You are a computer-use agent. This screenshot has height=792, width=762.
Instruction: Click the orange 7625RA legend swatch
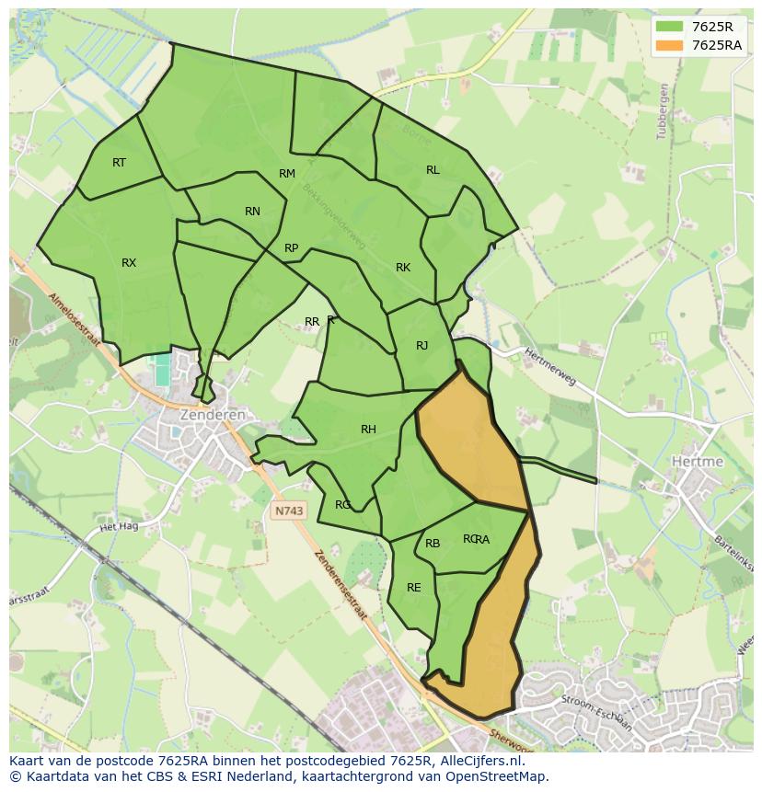point(670,45)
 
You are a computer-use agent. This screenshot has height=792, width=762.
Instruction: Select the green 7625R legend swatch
point(670,27)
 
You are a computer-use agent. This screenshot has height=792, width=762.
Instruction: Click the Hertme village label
point(697,461)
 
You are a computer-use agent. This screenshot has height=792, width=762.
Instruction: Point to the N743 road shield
point(288,509)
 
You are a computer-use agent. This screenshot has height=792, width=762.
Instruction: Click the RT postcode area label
point(119,163)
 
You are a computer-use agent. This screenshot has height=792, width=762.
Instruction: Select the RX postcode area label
point(129,263)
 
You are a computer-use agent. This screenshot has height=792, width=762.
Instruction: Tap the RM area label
point(287,174)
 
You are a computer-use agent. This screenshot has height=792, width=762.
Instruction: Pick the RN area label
point(252,212)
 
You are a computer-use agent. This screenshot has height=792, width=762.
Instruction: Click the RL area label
point(433,170)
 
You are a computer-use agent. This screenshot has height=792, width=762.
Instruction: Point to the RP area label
point(291,248)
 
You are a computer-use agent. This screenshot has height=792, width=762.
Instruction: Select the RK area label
point(402,268)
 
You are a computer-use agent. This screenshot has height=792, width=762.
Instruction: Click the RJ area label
point(421,346)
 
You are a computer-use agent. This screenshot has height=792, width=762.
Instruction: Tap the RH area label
point(368,430)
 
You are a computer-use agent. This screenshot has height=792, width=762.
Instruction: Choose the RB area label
point(433,544)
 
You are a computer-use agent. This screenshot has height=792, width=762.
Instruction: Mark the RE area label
point(413,588)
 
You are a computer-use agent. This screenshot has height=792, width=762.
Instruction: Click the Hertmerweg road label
point(549,366)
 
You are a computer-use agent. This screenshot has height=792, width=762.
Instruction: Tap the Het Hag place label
point(118,527)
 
